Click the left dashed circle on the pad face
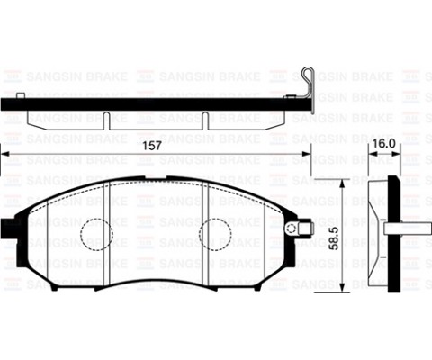coord(97,234)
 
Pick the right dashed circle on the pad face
coord(216,234)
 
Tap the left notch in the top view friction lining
coord(106,119)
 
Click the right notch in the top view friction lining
coord(208,119)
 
